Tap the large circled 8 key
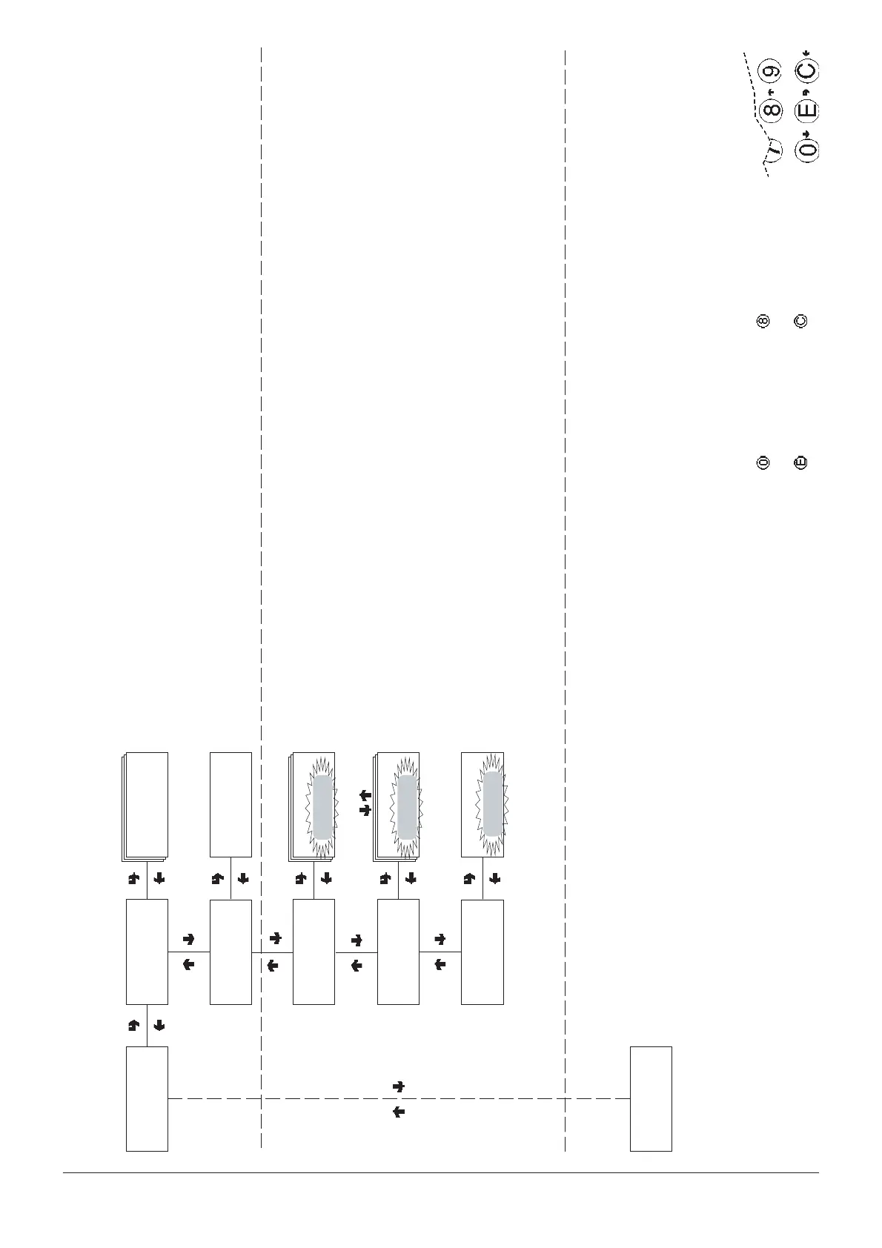(772, 111)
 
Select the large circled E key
(806, 111)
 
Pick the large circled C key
(806, 71)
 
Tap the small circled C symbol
(800, 322)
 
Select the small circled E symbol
(800, 462)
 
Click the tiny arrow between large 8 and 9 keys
(771, 92)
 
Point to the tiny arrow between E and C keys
(806, 92)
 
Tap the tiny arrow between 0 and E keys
(807, 132)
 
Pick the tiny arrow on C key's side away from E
(807, 52)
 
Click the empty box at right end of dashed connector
(651, 1098)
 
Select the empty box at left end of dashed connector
(147, 1098)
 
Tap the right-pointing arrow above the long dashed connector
(399, 1086)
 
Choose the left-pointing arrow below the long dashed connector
(399, 1112)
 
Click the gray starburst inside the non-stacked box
(491, 804)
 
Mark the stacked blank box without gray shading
(146, 806)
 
